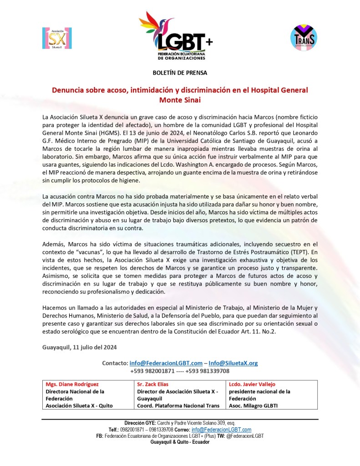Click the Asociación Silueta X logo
[57, 38]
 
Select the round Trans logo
[304, 37]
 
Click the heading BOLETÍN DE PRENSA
[180, 72]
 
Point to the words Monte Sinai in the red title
[180, 99]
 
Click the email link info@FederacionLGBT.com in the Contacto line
[166, 363]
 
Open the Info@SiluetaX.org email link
[233, 363]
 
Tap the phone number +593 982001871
[152, 371]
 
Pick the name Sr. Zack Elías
[152, 384]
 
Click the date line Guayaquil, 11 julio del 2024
[80, 347]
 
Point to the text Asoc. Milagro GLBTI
[254, 405]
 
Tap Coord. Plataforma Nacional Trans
[178, 405]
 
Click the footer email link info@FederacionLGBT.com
[228, 430]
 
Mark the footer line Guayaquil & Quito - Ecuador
[180, 442]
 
